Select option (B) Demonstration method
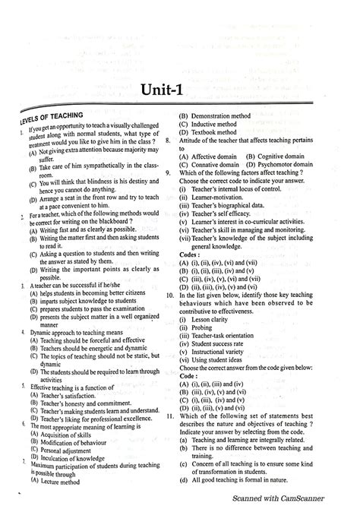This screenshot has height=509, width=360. coord(217,115)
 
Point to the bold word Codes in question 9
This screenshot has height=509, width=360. coord(191,254)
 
